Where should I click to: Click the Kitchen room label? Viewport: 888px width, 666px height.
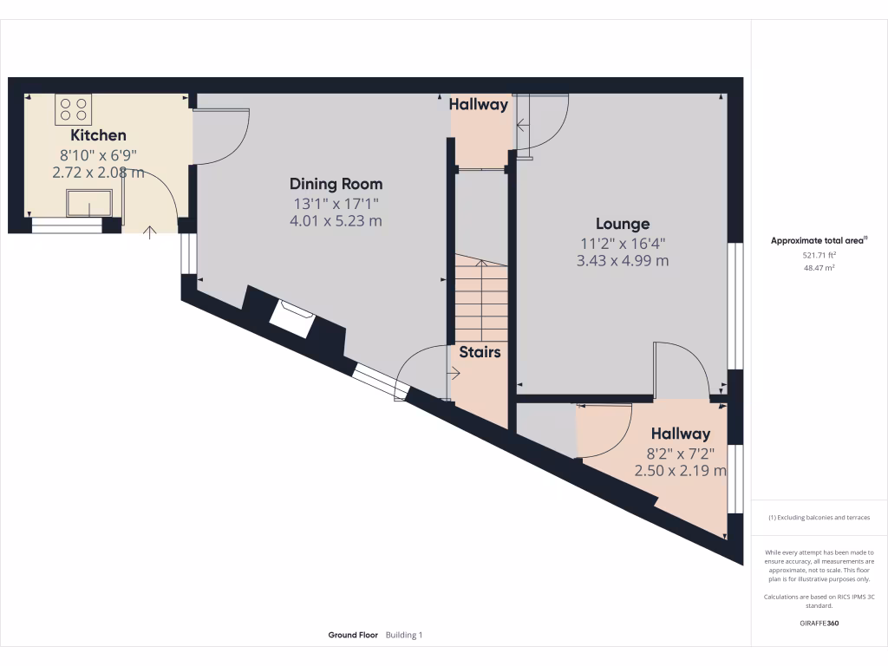(98, 135)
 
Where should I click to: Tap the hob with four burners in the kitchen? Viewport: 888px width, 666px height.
(73, 108)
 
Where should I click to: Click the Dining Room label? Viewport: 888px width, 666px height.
(336, 184)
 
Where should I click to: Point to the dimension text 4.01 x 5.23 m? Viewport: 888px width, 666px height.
(336, 221)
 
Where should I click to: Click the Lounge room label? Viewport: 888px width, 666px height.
(622, 224)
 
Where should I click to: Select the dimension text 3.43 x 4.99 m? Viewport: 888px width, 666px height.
(622, 260)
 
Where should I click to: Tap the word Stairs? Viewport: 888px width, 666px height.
(480, 352)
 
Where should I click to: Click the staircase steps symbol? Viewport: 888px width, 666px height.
(480, 299)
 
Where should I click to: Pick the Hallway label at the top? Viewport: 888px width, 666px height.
(478, 104)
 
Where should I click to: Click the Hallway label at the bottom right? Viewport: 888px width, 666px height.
(681, 434)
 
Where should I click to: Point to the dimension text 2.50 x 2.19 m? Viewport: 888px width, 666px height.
(680, 471)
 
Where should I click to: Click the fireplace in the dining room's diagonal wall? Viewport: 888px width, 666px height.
(291, 317)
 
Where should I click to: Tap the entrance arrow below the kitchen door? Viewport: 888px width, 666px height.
(149, 232)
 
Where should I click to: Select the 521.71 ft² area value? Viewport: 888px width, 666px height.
(819, 255)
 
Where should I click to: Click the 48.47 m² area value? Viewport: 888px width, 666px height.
(819, 268)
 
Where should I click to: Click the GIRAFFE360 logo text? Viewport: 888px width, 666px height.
(819, 623)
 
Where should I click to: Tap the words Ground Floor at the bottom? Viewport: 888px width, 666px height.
(353, 636)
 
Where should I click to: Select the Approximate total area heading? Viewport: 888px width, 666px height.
(818, 241)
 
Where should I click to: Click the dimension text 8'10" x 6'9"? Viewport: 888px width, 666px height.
(98, 154)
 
